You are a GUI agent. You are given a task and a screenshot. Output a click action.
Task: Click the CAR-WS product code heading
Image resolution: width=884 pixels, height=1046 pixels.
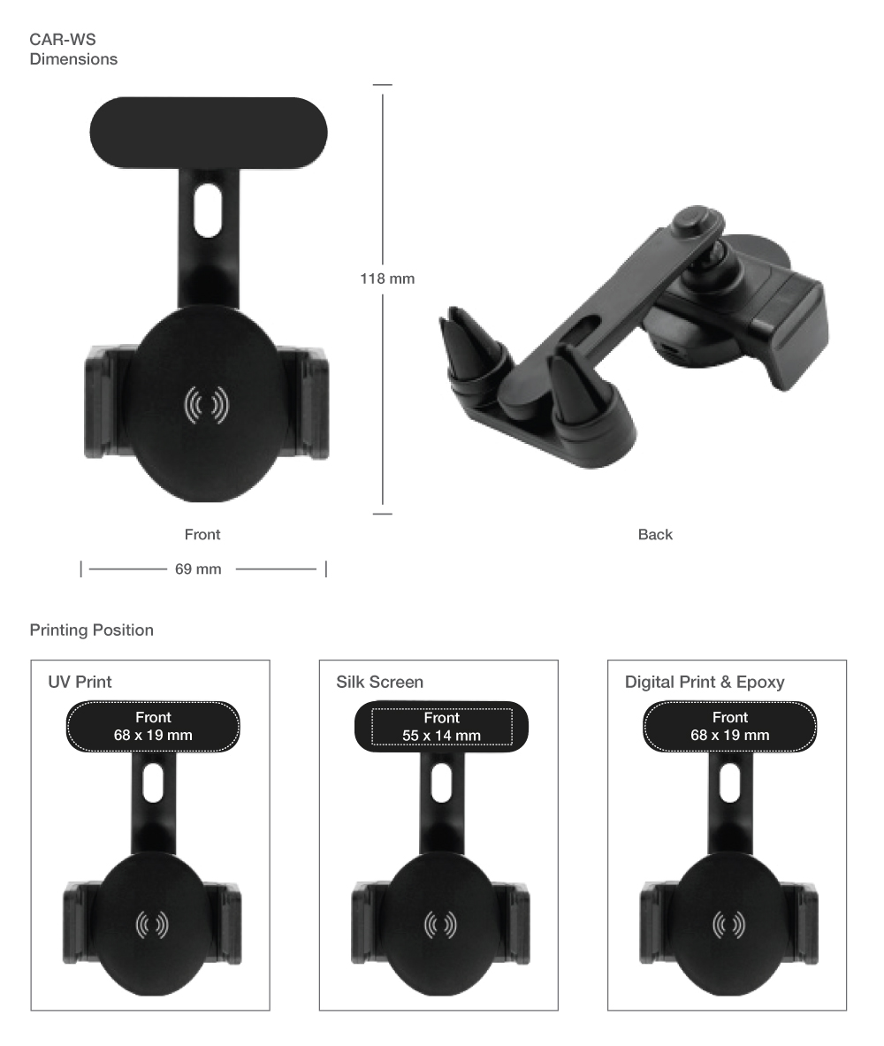tap(63, 40)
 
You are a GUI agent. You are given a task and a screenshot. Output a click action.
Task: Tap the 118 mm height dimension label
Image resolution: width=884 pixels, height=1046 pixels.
tap(387, 279)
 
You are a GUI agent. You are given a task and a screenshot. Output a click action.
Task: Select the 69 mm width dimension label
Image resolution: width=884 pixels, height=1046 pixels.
tap(198, 569)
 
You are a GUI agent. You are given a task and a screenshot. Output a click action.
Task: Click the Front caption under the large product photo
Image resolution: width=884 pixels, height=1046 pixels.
tap(202, 534)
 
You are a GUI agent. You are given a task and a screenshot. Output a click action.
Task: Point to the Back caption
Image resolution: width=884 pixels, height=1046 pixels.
tap(655, 534)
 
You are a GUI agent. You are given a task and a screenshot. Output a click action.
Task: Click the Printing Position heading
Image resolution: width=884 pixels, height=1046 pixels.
tap(91, 630)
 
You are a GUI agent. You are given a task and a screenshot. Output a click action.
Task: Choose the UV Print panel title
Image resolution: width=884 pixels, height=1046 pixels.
tap(80, 682)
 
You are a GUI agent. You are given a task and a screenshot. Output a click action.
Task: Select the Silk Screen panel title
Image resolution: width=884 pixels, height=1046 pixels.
tap(379, 682)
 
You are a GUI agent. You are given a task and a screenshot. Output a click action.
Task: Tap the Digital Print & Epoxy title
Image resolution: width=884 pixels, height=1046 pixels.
tap(705, 682)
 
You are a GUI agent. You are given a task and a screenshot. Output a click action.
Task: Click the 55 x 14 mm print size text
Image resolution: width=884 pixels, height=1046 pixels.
tap(442, 735)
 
